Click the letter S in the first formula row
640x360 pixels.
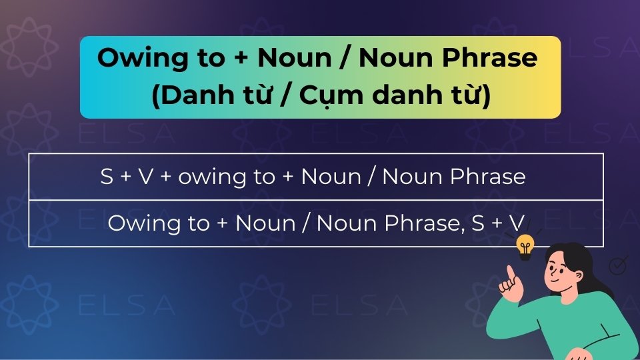tap(107, 177)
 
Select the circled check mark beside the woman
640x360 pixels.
tap(619, 266)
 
